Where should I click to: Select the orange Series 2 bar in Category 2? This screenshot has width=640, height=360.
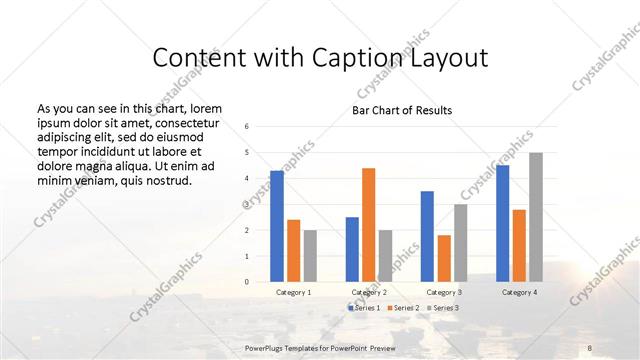[x=368, y=225]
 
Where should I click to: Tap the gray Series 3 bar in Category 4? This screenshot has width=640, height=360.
[x=535, y=217]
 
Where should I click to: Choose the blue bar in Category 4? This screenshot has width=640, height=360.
[x=502, y=223]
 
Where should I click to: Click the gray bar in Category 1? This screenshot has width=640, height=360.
[x=310, y=256]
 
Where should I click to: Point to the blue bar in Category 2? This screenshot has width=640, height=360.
[x=352, y=249]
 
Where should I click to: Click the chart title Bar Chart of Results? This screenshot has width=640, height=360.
[x=402, y=110]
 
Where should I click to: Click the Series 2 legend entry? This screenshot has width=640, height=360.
[x=404, y=309]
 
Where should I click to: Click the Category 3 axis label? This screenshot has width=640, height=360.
[x=443, y=292]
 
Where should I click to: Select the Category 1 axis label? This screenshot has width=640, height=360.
[x=293, y=292]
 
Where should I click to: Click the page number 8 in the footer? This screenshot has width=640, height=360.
[x=591, y=346]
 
